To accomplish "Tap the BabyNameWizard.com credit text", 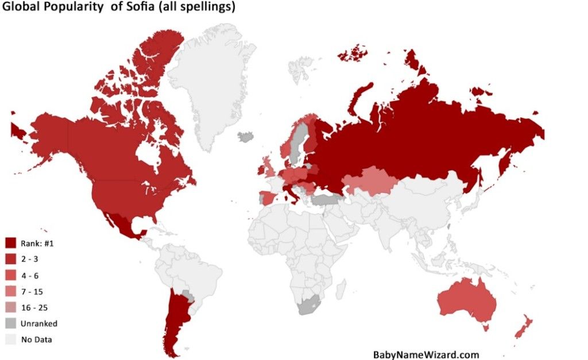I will (x=426, y=354).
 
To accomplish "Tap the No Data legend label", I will (x=37, y=339).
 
